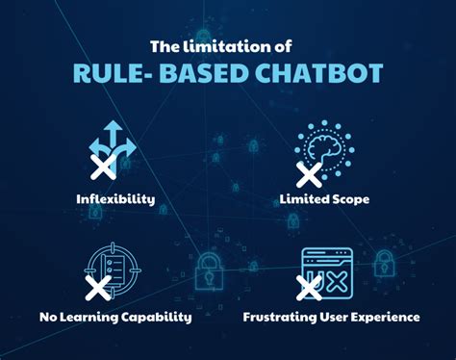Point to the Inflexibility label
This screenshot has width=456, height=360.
point(115,201)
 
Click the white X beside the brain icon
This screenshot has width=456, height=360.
point(309,173)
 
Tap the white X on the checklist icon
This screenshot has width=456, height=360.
point(98,286)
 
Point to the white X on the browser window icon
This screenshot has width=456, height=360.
point(309,286)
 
